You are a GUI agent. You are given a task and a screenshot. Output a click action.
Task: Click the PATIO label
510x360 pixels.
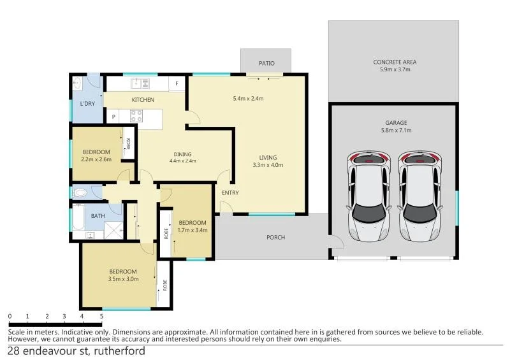click(266, 63)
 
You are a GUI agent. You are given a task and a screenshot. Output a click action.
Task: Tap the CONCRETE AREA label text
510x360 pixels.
click(395, 62)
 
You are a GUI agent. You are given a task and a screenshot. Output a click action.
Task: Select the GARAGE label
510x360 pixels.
click(395, 122)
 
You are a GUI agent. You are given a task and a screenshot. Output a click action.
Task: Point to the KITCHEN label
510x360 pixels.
click(143, 100)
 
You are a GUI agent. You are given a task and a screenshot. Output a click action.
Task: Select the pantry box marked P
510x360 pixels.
click(113, 117)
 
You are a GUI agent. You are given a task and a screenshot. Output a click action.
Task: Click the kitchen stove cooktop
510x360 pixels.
click(136, 116)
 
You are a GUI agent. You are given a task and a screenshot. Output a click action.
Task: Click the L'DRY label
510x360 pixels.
click(87, 104)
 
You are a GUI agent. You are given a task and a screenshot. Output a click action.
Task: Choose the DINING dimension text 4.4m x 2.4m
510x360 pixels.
click(182, 161)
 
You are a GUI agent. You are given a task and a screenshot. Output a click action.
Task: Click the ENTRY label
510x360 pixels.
click(230, 192)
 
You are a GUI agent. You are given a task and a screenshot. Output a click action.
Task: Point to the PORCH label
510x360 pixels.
click(275, 238)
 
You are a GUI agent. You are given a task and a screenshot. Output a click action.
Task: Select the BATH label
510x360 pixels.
click(98, 216)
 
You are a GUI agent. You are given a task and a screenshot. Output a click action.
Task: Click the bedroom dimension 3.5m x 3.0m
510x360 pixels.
click(124, 278)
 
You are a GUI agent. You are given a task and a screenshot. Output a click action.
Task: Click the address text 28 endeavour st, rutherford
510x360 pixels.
click(76, 351)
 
